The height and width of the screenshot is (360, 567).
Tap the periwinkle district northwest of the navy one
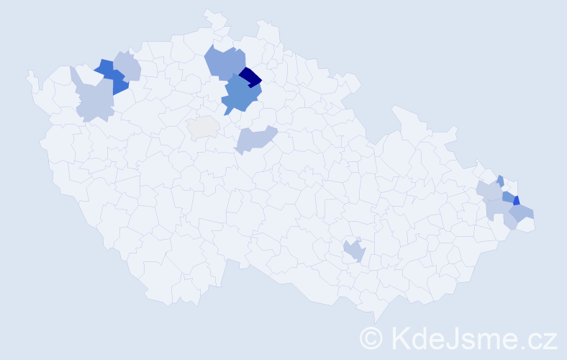(224, 61)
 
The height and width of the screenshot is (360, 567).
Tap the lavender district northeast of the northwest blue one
(128, 66)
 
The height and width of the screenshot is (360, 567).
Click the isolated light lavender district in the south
(354, 251)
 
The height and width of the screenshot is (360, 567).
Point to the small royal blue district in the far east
(517, 201)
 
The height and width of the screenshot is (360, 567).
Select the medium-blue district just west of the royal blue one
(508, 196)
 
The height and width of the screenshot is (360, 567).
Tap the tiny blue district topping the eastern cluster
(500, 181)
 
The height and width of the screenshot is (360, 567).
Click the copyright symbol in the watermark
(371, 338)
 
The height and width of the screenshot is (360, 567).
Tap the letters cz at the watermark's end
(542, 338)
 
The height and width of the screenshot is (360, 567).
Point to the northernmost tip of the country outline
(209, 11)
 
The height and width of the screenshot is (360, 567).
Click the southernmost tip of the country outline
(376, 321)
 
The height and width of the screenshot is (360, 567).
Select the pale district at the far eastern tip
(528, 225)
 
